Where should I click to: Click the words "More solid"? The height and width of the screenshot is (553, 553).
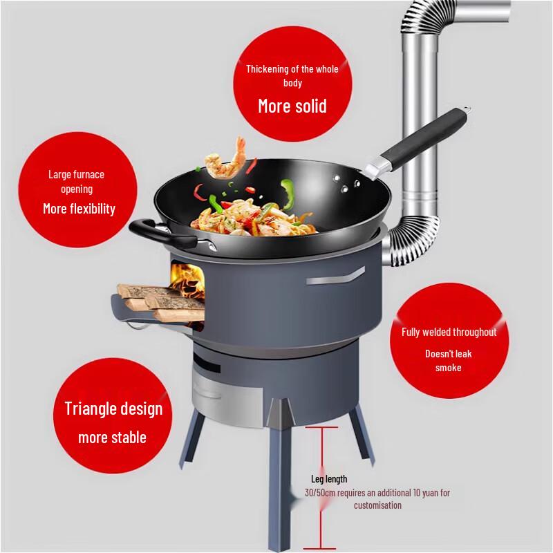coord(292,106)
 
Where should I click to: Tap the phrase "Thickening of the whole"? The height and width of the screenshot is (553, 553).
coord(292,68)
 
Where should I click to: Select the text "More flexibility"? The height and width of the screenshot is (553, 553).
coord(79,208)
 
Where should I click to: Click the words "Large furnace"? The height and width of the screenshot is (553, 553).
coord(76,174)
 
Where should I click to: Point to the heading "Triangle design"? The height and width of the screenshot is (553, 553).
coord(113,408)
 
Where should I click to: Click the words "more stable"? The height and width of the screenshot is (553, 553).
coord(112,438)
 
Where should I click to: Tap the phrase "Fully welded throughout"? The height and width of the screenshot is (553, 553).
coord(449,332)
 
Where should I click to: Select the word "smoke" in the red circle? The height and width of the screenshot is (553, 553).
coord(448,368)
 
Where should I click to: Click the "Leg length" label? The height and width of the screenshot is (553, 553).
coord(330,479)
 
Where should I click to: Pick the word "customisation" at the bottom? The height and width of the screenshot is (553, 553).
coord(378,505)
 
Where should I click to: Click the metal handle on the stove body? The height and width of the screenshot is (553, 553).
coord(335,278)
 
